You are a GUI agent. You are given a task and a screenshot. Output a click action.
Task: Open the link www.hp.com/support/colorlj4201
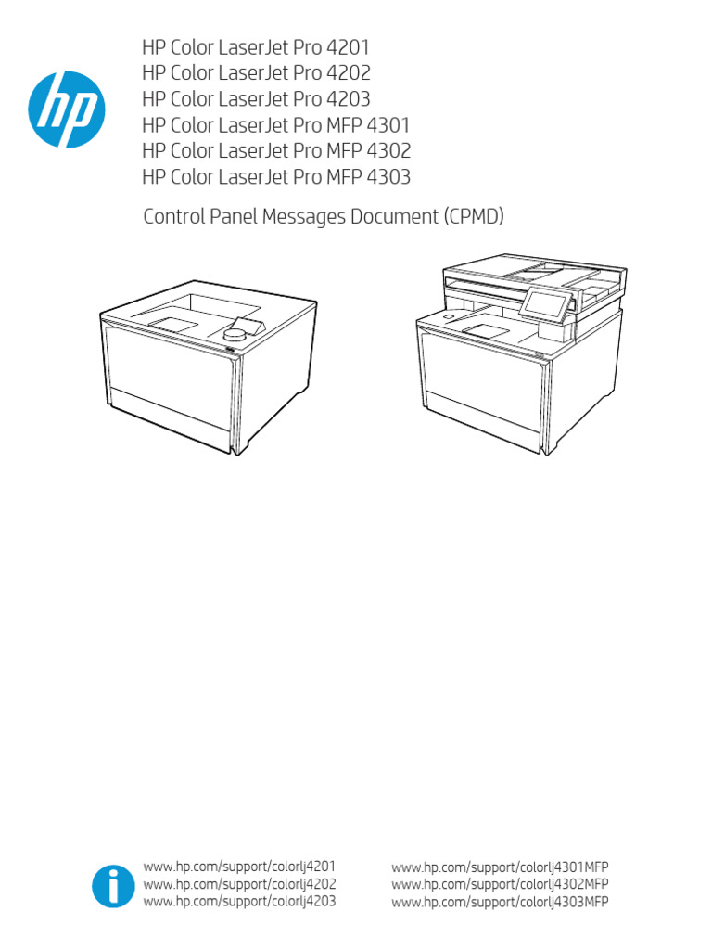[240, 867]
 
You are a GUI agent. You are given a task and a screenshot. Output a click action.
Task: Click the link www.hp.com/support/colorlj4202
[240, 884]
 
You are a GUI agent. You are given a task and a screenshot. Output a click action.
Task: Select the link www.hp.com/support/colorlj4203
[240, 901]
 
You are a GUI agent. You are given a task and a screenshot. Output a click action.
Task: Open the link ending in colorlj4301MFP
[501, 867]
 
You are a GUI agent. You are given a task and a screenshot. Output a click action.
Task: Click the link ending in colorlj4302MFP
[501, 884]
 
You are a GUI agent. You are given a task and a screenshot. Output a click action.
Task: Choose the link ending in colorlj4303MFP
[501, 901]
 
